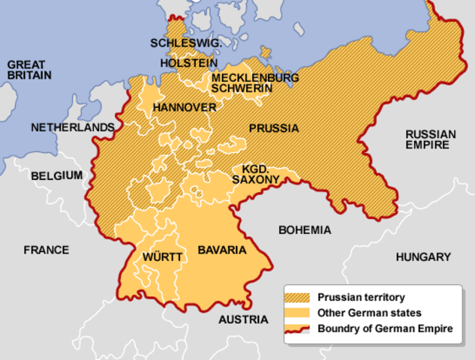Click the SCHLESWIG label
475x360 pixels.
pyautogui.click(x=186, y=43)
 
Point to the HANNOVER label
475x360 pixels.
pyautogui.click(x=184, y=108)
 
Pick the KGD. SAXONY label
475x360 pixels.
pyautogui.click(x=256, y=174)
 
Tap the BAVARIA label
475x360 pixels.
pyautogui.click(x=221, y=249)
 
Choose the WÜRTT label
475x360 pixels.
pyautogui.click(x=162, y=257)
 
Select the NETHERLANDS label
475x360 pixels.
pyautogui.click(x=73, y=127)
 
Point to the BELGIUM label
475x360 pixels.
pyautogui.click(x=56, y=175)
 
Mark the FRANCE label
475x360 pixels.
pyautogui.click(x=46, y=250)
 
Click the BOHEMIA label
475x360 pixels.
pyautogui.click(x=304, y=229)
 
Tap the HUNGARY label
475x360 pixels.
pyautogui.click(x=423, y=256)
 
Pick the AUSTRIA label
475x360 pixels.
pyautogui.click(x=242, y=319)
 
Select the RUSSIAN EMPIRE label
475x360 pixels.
pyautogui.click(x=430, y=139)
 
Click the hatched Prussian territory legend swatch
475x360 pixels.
pyautogui.click(x=300, y=297)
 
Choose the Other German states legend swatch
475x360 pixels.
pyautogui.click(x=300, y=313)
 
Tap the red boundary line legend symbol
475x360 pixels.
pyautogui.click(x=300, y=328)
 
